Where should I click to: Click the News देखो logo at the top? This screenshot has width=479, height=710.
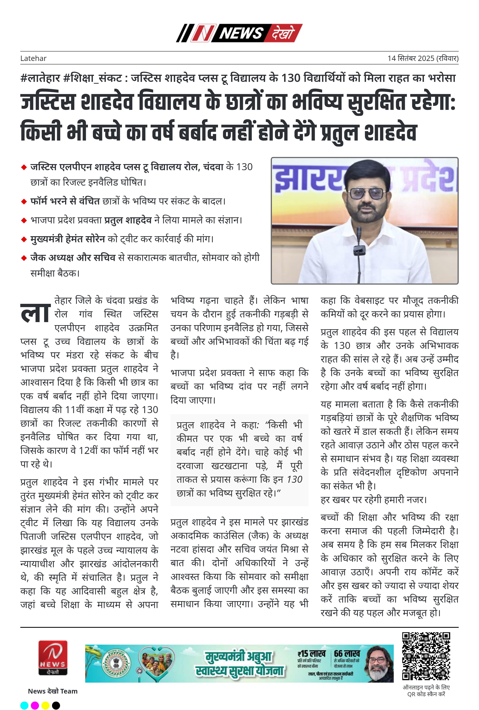[239, 33]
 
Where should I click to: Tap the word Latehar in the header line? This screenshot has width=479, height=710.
[33, 58]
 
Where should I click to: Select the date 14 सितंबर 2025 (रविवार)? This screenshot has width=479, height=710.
[423, 58]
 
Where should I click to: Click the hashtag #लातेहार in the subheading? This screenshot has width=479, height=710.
[40, 78]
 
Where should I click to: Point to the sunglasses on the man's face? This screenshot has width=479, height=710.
[366, 193]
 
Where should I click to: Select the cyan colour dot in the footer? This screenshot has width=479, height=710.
[24, 705]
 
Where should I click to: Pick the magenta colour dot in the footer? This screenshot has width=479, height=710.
[35, 705]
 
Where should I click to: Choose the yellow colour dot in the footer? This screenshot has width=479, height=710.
[45, 705]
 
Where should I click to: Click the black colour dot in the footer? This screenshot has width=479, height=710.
[56, 705]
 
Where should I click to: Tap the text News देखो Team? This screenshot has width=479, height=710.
[53, 691]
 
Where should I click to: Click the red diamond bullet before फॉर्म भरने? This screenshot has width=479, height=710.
[24, 202]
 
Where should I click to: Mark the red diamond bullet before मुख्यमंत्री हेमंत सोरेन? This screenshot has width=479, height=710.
[24, 239]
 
